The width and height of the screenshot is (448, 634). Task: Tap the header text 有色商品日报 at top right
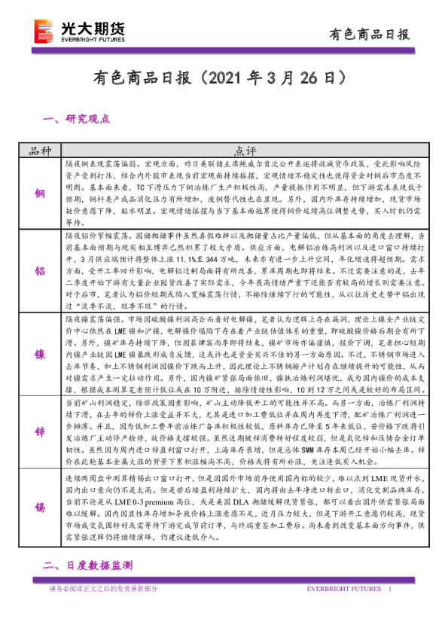pyautogui.click(x=370, y=34)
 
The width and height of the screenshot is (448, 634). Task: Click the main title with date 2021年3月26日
pyautogui.click(x=224, y=78)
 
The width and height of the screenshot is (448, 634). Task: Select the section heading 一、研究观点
pyautogui.click(x=78, y=118)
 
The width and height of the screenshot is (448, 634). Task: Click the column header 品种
pyautogui.click(x=40, y=150)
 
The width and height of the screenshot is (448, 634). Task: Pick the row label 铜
pyautogui.click(x=40, y=192)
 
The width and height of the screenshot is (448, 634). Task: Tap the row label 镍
pyautogui.click(x=40, y=352)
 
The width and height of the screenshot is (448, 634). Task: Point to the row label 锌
pyautogui.click(x=40, y=430)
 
